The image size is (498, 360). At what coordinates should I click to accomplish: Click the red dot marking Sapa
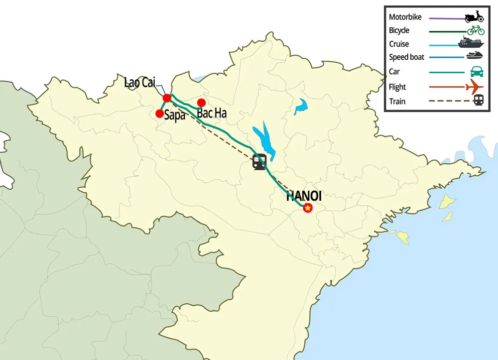pyautogui.click(x=159, y=113)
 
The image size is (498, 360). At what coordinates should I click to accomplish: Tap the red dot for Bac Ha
pyautogui.click(x=201, y=103)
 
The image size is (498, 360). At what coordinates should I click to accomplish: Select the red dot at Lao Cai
pyautogui.click(x=167, y=98)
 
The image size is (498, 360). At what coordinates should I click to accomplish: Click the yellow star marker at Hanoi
pyautogui.click(x=308, y=208)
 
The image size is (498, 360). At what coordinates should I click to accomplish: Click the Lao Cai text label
pyautogui.click(x=139, y=83)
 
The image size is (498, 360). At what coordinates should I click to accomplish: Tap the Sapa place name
pyautogui.click(x=175, y=116)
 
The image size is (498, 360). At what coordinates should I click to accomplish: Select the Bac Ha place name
pyautogui.click(x=212, y=114)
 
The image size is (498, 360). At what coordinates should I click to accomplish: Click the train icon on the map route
pyautogui.click(x=259, y=162)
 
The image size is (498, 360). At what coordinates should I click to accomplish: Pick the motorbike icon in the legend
pyautogui.click(x=474, y=17)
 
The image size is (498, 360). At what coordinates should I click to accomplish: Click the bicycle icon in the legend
pyautogui.click(x=476, y=30)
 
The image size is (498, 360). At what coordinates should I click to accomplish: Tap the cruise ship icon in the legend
pyautogui.click(x=473, y=42)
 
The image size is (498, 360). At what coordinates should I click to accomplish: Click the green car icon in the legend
pyautogui.click(x=476, y=71)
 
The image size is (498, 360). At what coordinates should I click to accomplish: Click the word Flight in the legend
pyautogui.click(x=397, y=87)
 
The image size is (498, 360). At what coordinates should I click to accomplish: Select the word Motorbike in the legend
pyautogui.click(x=405, y=17)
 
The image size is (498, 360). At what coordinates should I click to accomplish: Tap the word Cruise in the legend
pyautogui.click(x=399, y=44)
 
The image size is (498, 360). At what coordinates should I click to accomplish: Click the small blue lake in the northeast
pyautogui.click(x=300, y=107)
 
